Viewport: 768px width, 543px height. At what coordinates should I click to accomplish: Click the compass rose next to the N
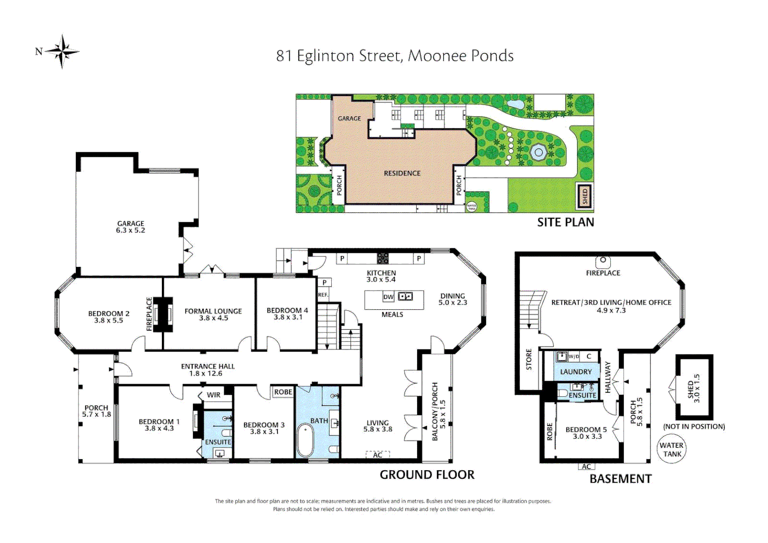click(x=62, y=52)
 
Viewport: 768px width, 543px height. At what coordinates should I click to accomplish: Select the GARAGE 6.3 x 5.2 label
click(x=130, y=227)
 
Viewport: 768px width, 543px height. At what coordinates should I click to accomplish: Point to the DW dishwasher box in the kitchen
click(x=389, y=297)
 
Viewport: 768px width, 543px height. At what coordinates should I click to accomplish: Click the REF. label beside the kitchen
click(x=323, y=295)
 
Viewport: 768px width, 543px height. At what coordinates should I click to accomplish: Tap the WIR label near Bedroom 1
click(x=213, y=395)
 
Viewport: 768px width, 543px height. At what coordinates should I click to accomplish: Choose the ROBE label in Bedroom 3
click(x=283, y=392)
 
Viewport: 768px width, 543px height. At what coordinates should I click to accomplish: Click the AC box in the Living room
click(x=377, y=455)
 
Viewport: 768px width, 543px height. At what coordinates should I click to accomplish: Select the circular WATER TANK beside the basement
click(x=671, y=449)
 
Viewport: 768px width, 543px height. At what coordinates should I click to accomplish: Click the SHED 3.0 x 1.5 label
click(x=694, y=388)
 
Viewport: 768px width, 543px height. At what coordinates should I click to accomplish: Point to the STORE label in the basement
click(x=529, y=359)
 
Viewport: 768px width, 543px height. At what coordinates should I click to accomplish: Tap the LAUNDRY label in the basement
click(x=576, y=372)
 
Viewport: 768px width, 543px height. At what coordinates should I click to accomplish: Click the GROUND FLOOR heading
click(x=427, y=475)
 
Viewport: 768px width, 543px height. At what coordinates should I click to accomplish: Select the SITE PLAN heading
click(x=565, y=222)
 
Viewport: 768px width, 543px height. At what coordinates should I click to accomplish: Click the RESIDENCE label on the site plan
click(x=402, y=173)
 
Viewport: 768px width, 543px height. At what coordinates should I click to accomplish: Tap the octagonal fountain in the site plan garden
click(x=538, y=151)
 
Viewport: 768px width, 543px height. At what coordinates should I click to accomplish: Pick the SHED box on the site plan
click(x=585, y=196)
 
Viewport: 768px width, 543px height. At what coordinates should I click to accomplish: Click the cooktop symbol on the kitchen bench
click(x=382, y=258)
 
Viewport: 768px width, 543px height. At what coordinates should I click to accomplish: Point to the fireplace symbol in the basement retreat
click(x=603, y=262)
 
